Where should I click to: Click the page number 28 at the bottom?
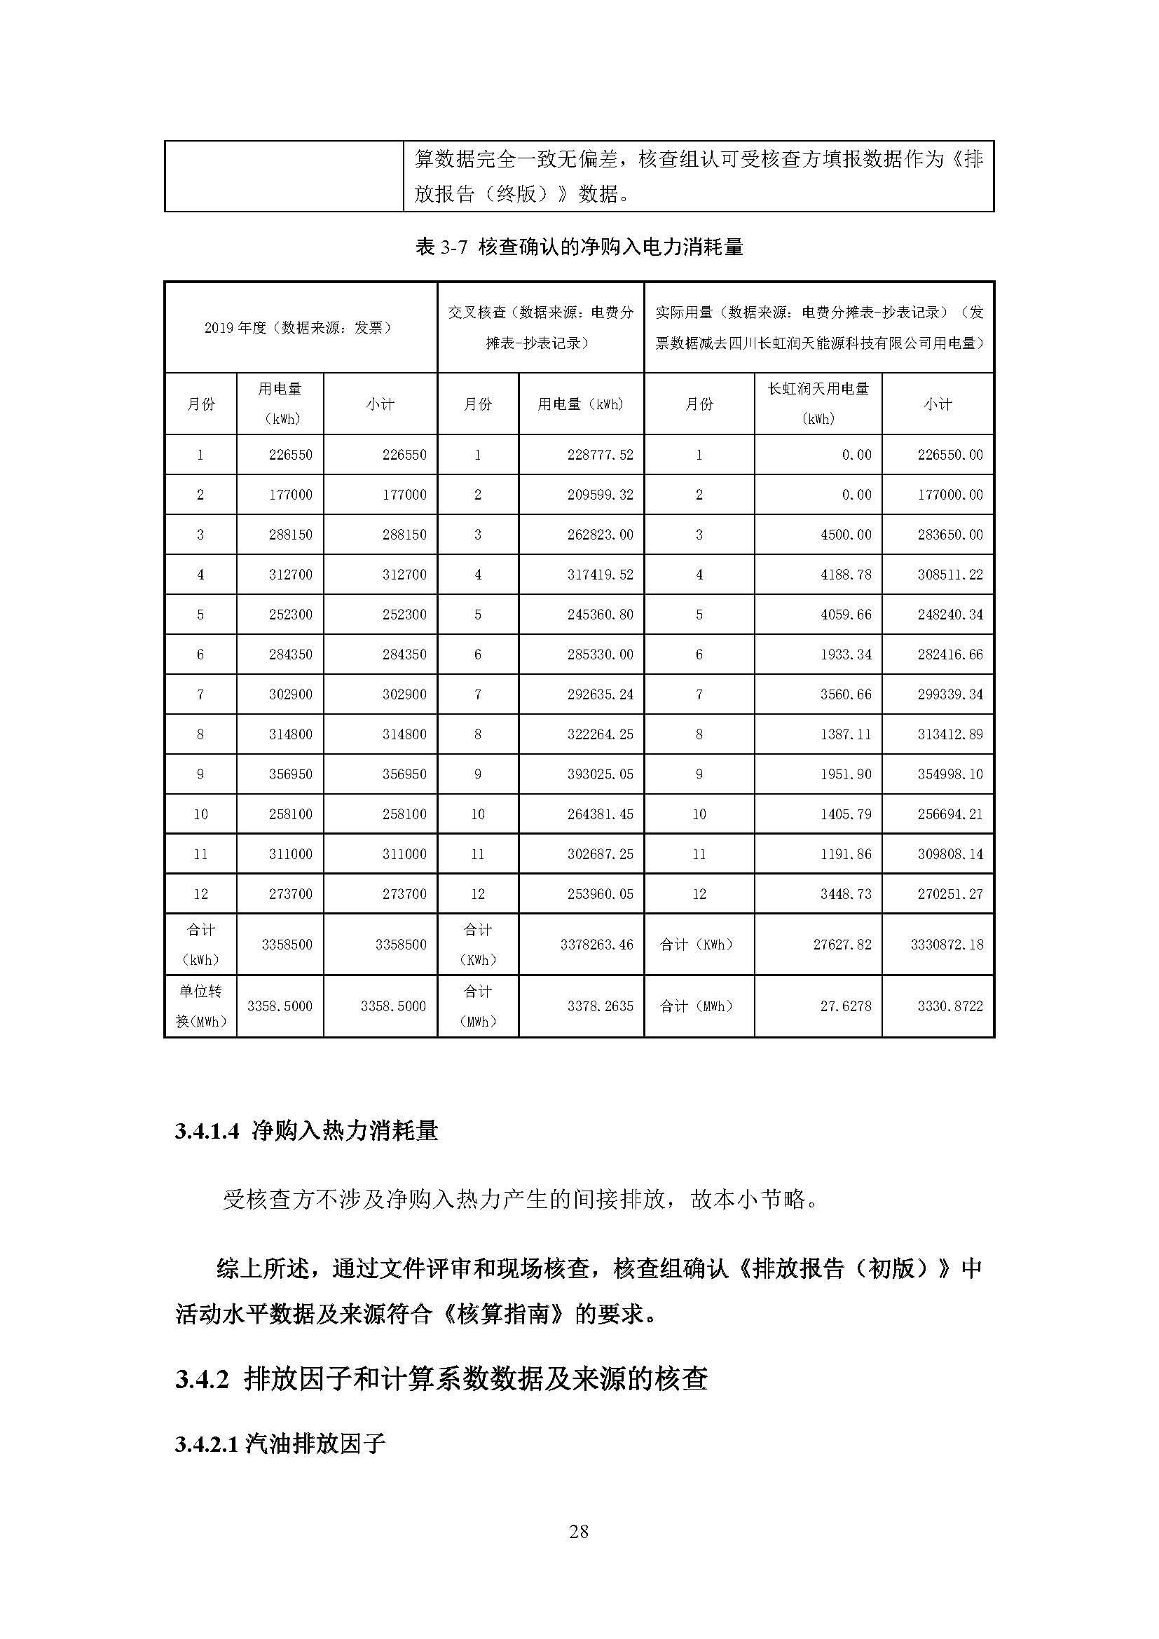click(x=579, y=1530)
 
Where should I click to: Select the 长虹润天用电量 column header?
click(x=818, y=404)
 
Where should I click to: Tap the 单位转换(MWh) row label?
click(x=200, y=1006)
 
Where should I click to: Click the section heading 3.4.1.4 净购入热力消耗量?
click(x=306, y=1131)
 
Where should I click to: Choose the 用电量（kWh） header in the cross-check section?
click(x=581, y=404)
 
